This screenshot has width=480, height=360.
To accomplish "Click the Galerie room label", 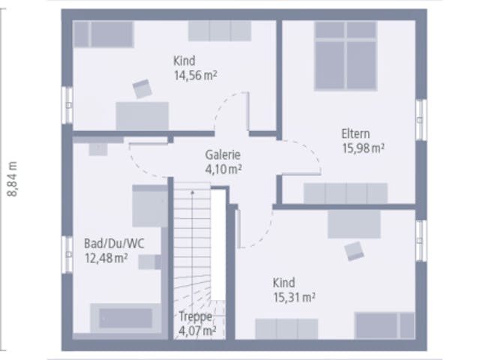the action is [x=223, y=154].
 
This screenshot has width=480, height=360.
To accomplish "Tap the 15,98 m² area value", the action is [x=363, y=148].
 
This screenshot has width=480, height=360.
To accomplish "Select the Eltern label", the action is [x=355, y=133].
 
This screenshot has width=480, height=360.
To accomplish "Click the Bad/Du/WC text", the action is [x=114, y=244].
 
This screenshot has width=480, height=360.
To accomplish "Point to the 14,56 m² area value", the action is [x=196, y=75].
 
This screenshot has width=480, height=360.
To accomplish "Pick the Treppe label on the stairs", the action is [x=195, y=316].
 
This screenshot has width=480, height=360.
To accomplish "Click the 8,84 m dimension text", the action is [x=13, y=178].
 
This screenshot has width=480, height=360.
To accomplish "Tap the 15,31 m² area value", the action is [x=294, y=297].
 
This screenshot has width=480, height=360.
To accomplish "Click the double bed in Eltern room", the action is [x=346, y=56].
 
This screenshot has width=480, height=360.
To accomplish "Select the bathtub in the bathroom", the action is [x=126, y=318].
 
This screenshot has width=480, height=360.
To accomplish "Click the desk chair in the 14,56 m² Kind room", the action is [x=142, y=88].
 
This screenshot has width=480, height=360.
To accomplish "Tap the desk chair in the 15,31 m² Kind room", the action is [x=354, y=251].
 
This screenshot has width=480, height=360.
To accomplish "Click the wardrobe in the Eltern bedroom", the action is [x=346, y=193].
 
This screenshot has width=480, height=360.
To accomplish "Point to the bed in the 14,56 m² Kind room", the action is [x=103, y=34].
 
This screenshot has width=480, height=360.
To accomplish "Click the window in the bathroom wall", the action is [x=67, y=254].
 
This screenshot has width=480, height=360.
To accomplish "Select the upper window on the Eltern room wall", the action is [x=421, y=120].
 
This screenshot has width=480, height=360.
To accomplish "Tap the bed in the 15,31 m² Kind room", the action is [x=385, y=325].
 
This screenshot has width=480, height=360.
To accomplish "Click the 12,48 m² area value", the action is [x=106, y=258].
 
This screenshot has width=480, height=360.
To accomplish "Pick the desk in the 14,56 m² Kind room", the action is [x=142, y=116].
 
